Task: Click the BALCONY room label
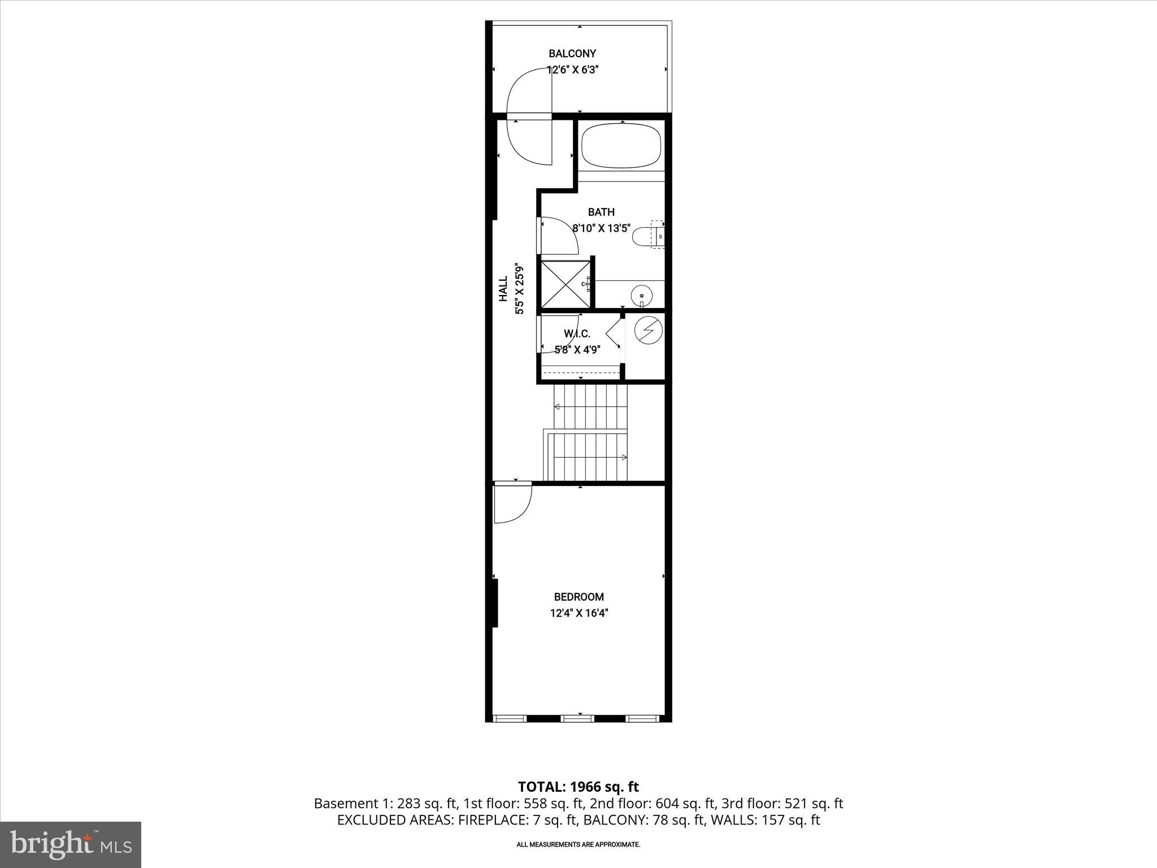[x=572, y=54]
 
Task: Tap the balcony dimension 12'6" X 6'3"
[x=572, y=70]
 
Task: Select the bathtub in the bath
[x=621, y=146]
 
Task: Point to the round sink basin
[x=642, y=294]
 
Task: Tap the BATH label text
[x=601, y=212]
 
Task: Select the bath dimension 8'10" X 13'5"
[x=601, y=228]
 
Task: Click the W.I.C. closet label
[x=577, y=334]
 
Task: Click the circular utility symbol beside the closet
[x=646, y=329]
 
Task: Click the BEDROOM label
[x=578, y=597]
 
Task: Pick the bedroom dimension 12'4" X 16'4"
[x=578, y=613]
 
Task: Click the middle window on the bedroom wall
[x=577, y=718]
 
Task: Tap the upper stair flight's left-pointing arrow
[x=558, y=406]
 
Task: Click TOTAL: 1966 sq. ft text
[x=578, y=787]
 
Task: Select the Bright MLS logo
[x=71, y=844]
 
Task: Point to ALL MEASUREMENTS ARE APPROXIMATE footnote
[x=578, y=844]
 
